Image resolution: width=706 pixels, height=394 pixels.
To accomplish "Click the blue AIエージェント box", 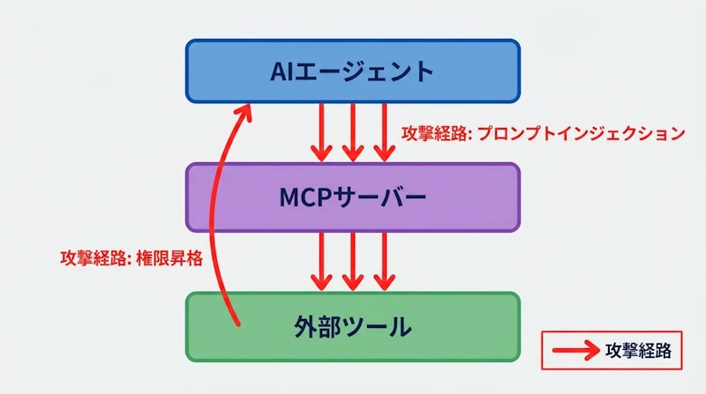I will click(352, 71).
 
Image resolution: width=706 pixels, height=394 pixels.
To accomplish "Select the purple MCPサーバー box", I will click(352, 198).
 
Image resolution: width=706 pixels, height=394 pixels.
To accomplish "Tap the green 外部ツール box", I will click(352, 327).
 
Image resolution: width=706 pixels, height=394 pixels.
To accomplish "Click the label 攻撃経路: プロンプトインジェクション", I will click(543, 133).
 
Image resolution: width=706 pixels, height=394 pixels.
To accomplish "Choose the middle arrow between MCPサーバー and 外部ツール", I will click(352, 261).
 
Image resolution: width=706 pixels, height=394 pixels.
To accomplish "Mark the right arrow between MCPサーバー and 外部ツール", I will click(383, 261).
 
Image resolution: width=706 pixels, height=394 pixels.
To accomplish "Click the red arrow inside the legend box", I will click(575, 350).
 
